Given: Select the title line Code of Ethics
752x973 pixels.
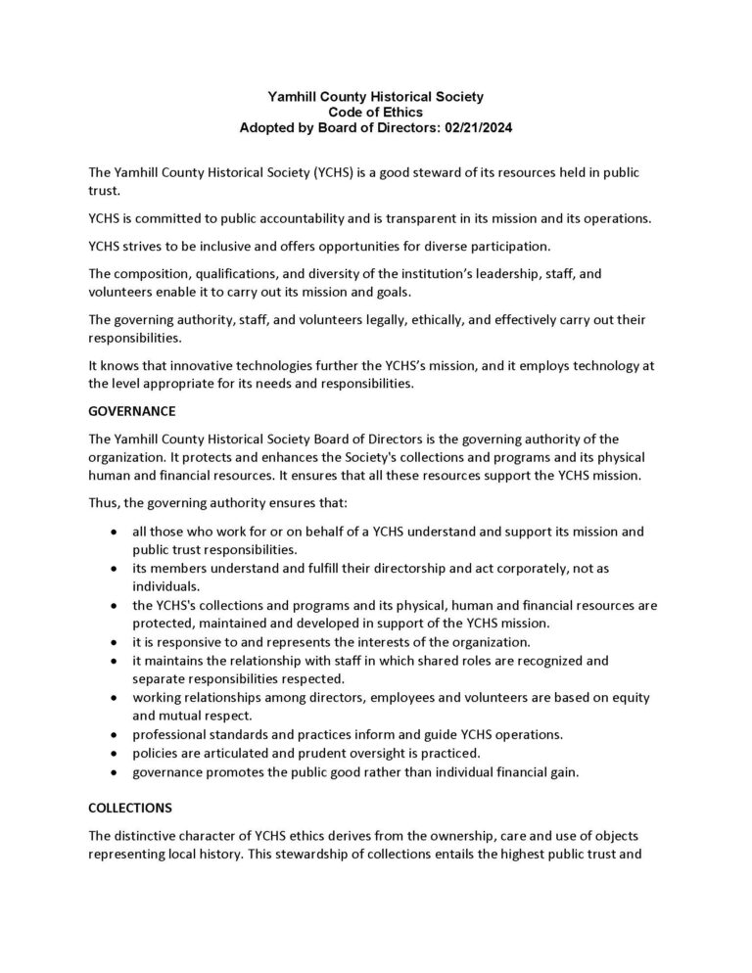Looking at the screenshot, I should point(376,113).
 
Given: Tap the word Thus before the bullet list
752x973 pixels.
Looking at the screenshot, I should point(103,503).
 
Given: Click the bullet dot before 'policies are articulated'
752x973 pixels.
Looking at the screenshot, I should point(115,754).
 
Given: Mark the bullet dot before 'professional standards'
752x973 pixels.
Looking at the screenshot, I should point(115,735).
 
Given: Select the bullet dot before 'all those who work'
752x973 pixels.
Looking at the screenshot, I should point(115,532).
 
